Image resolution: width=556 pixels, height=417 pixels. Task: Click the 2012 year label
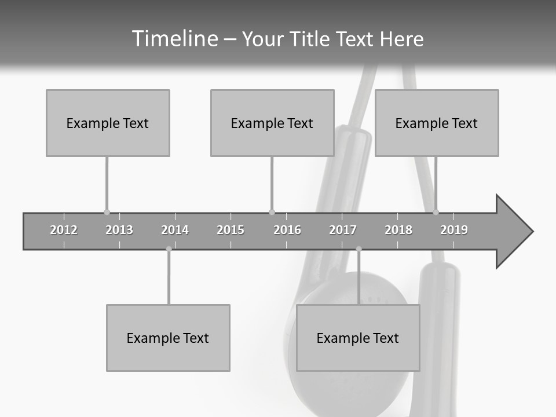[x=64, y=230]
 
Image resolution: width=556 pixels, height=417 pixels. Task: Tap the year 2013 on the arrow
[x=119, y=230]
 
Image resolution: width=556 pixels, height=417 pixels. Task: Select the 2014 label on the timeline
[x=175, y=230]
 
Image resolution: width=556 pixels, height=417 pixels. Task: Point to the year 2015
[x=231, y=230]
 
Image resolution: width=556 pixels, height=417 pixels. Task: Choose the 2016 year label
[x=287, y=230]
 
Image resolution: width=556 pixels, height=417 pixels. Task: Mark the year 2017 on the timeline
[x=343, y=230]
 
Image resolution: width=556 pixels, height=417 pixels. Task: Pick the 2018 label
[x=398, y=230]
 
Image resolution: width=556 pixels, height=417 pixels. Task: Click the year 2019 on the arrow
[x=454, y=230]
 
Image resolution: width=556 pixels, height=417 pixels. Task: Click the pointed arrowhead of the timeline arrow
[x=515, y=232]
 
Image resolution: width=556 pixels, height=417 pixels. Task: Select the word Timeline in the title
[x=174, y=39]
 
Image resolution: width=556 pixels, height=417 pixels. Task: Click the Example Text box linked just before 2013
[x=108, y=123]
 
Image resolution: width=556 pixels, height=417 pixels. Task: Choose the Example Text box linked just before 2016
[x=272, y=123]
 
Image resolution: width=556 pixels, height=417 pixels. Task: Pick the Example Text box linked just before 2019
[x=437, y=123]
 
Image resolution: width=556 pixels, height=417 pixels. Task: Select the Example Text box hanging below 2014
[x=168, y=338]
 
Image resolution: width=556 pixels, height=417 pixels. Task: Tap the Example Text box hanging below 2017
[x=358, y=338]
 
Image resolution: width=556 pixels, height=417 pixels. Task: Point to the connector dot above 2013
[x=107, y=212]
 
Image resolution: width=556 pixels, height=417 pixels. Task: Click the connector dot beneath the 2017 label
[x=359, y=249]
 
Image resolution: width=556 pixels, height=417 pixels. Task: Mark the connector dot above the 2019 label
[x=436, y=212]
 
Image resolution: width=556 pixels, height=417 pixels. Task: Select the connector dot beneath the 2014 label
[x=169, y=249]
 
